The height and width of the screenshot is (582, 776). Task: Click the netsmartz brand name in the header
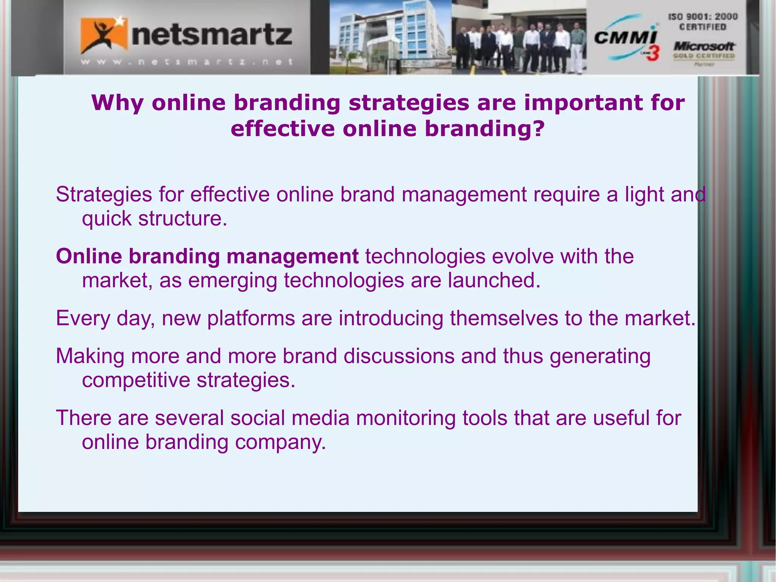point(212,36)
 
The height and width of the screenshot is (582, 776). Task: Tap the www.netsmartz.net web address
point(187,62)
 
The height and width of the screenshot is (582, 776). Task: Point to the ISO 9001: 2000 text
point(702,17)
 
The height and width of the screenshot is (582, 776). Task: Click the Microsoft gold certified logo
point(704,51)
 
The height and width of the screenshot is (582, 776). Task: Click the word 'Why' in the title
point(117,103)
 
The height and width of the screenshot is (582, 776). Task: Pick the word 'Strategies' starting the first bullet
point(104,195)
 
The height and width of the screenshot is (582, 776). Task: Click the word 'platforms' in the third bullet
point(251,318)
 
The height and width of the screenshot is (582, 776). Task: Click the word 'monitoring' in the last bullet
point(405,418)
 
